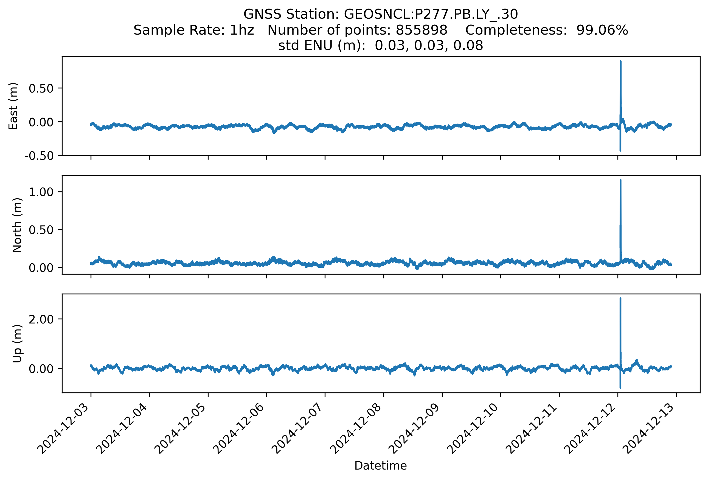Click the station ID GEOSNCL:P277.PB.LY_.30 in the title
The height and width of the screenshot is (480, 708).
point(431,14)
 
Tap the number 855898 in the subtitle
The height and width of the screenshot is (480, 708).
point(421,30)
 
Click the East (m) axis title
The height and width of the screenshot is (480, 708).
point(13,106)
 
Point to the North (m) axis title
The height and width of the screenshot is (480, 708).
point(17,225)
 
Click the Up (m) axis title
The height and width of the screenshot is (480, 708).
point(17,344)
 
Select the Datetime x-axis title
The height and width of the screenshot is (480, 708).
point(381,465)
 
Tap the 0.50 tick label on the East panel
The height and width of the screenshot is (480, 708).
point(41,88)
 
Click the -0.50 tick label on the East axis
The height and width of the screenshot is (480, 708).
point(39,156)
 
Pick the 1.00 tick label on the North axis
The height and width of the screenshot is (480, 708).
point(41,192)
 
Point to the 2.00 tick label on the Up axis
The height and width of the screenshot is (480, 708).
point(41,319)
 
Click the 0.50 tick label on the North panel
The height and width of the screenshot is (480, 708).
point(41,230)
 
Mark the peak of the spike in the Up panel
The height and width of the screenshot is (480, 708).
point(620,299)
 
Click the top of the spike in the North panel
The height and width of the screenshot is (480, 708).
point(620,180)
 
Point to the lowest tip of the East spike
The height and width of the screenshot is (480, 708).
point(620,150)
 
